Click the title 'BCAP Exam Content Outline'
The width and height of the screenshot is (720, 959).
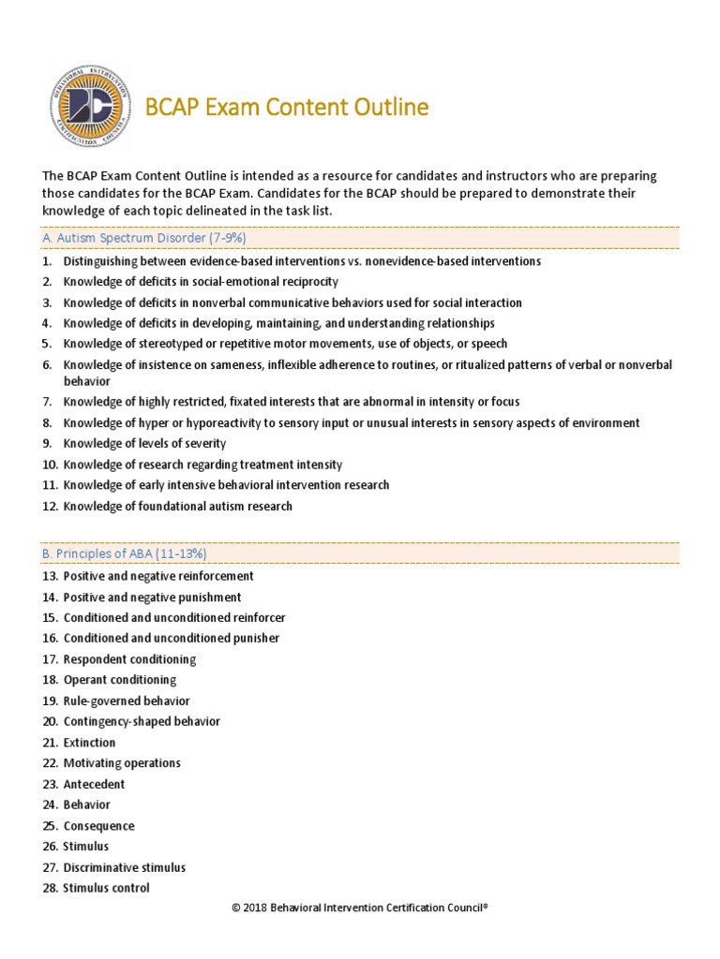pos(288,108)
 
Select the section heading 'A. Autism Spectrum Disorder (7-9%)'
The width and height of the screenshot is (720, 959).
pos(144,239)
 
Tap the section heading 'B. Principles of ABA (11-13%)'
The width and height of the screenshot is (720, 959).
pos(125,553)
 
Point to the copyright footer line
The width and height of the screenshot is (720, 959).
pos(360,907)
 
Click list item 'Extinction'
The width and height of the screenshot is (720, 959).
pos(89,743)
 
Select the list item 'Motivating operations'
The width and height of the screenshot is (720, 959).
pos(122,763)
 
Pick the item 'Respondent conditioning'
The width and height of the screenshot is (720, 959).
pos(129,659)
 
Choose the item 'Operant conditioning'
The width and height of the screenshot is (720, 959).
pos(119,680)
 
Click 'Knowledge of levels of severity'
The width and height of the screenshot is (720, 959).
pos(144,443)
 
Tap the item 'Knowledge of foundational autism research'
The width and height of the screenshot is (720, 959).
pos(177,506)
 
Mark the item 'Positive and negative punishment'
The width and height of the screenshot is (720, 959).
pos(152,597)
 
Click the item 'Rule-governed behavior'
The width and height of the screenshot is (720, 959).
pos(126,701)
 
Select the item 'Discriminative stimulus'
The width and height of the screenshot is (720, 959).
pos(124,867)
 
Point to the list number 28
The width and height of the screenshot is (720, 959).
pos(50,888)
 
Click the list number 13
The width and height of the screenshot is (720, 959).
pos(50,576)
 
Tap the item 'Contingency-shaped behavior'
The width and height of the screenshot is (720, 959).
pos(142,721)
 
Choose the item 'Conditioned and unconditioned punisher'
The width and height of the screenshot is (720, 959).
pos(172,638)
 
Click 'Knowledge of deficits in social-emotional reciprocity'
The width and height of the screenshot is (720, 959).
pos(201,281)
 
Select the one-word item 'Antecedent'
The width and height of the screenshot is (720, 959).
pos(94,784)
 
